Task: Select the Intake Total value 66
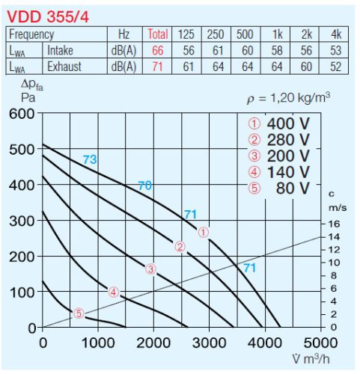tap(158, 50)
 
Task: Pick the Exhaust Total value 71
tap(158, 66)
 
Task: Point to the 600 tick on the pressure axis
tap(22, 114)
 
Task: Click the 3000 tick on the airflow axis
tap(209, 343)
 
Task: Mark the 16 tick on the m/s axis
tap(334, 222)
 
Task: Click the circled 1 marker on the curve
tap(204, 233)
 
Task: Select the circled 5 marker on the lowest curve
tap(79, 313)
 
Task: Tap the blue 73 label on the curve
tap(90, 159)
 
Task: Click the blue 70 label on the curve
tap(145, 186)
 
